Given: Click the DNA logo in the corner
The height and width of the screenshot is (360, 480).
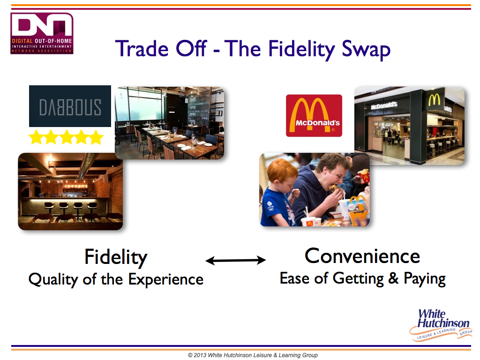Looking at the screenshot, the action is point(42,33).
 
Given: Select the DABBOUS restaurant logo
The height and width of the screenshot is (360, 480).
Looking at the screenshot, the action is point(70,106).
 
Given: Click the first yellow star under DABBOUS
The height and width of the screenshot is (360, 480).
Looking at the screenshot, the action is point(36,137).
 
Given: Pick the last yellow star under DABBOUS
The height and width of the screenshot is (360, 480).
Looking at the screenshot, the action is point(96,137).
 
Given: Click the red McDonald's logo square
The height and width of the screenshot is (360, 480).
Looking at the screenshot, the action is point(314,116).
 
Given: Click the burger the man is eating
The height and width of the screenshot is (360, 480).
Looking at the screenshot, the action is point(335,187).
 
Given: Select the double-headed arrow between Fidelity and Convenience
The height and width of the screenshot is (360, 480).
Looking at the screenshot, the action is point(235,260).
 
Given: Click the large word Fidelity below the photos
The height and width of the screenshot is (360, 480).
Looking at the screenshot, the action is point(116,257).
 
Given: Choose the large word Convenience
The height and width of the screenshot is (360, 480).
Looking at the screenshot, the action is point(362,256).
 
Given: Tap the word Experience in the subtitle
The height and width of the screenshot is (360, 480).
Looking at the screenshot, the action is point(165,279).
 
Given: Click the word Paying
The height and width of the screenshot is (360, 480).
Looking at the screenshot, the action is point(425,279).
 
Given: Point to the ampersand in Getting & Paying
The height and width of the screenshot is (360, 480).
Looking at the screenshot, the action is point(393,278).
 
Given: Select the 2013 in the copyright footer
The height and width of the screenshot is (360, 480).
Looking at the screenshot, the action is point(200,355).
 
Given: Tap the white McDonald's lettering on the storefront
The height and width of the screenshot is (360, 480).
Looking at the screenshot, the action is point(384,105).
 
